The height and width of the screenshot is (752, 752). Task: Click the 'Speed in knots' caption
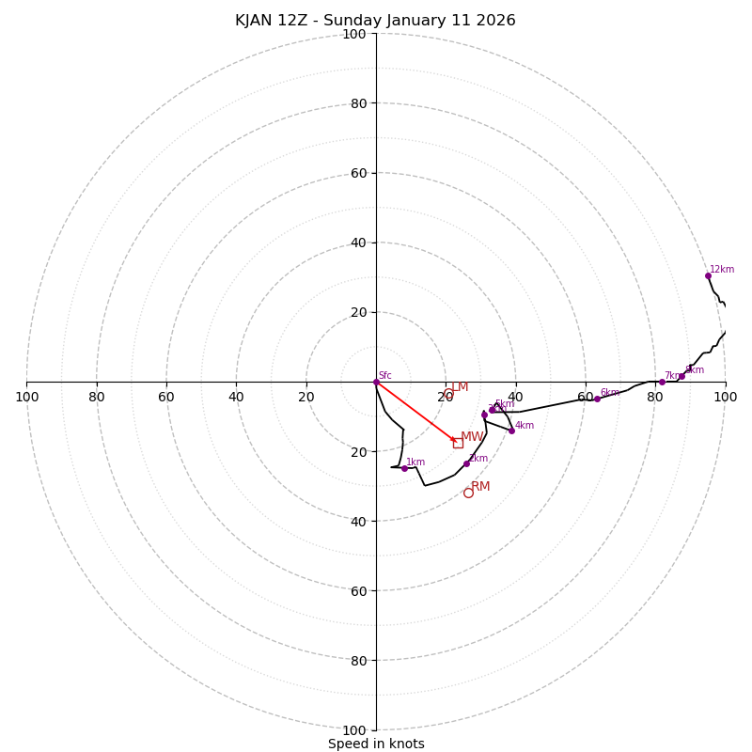tap(376, 744)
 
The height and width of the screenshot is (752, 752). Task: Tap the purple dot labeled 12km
tap(708, 275)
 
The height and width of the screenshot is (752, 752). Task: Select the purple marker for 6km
tap(597, 399)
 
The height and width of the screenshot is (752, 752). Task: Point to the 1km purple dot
tap(404, 468)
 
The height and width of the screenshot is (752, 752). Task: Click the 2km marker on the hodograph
tap(466, 463)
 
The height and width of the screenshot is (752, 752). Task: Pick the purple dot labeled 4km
tap(511, 431)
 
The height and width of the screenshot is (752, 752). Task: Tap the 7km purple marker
tap(662, 382)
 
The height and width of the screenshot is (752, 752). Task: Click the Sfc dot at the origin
tap(376, 382)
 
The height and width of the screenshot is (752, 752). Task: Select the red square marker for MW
tap(458, 443)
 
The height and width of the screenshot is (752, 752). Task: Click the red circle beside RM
tap(468, 493)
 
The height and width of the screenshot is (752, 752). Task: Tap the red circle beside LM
tap(448, 394)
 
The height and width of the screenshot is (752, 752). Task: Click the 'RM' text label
tap(480, 486)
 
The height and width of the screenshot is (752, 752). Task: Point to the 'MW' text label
tap(472, 437)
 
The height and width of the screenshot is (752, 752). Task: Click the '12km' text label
tap(722, 270)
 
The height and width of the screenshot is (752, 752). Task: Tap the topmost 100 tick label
tap(354, 34)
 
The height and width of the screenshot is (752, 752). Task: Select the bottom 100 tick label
tap(354, 730)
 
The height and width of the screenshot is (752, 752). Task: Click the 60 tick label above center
tap(358, 173)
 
